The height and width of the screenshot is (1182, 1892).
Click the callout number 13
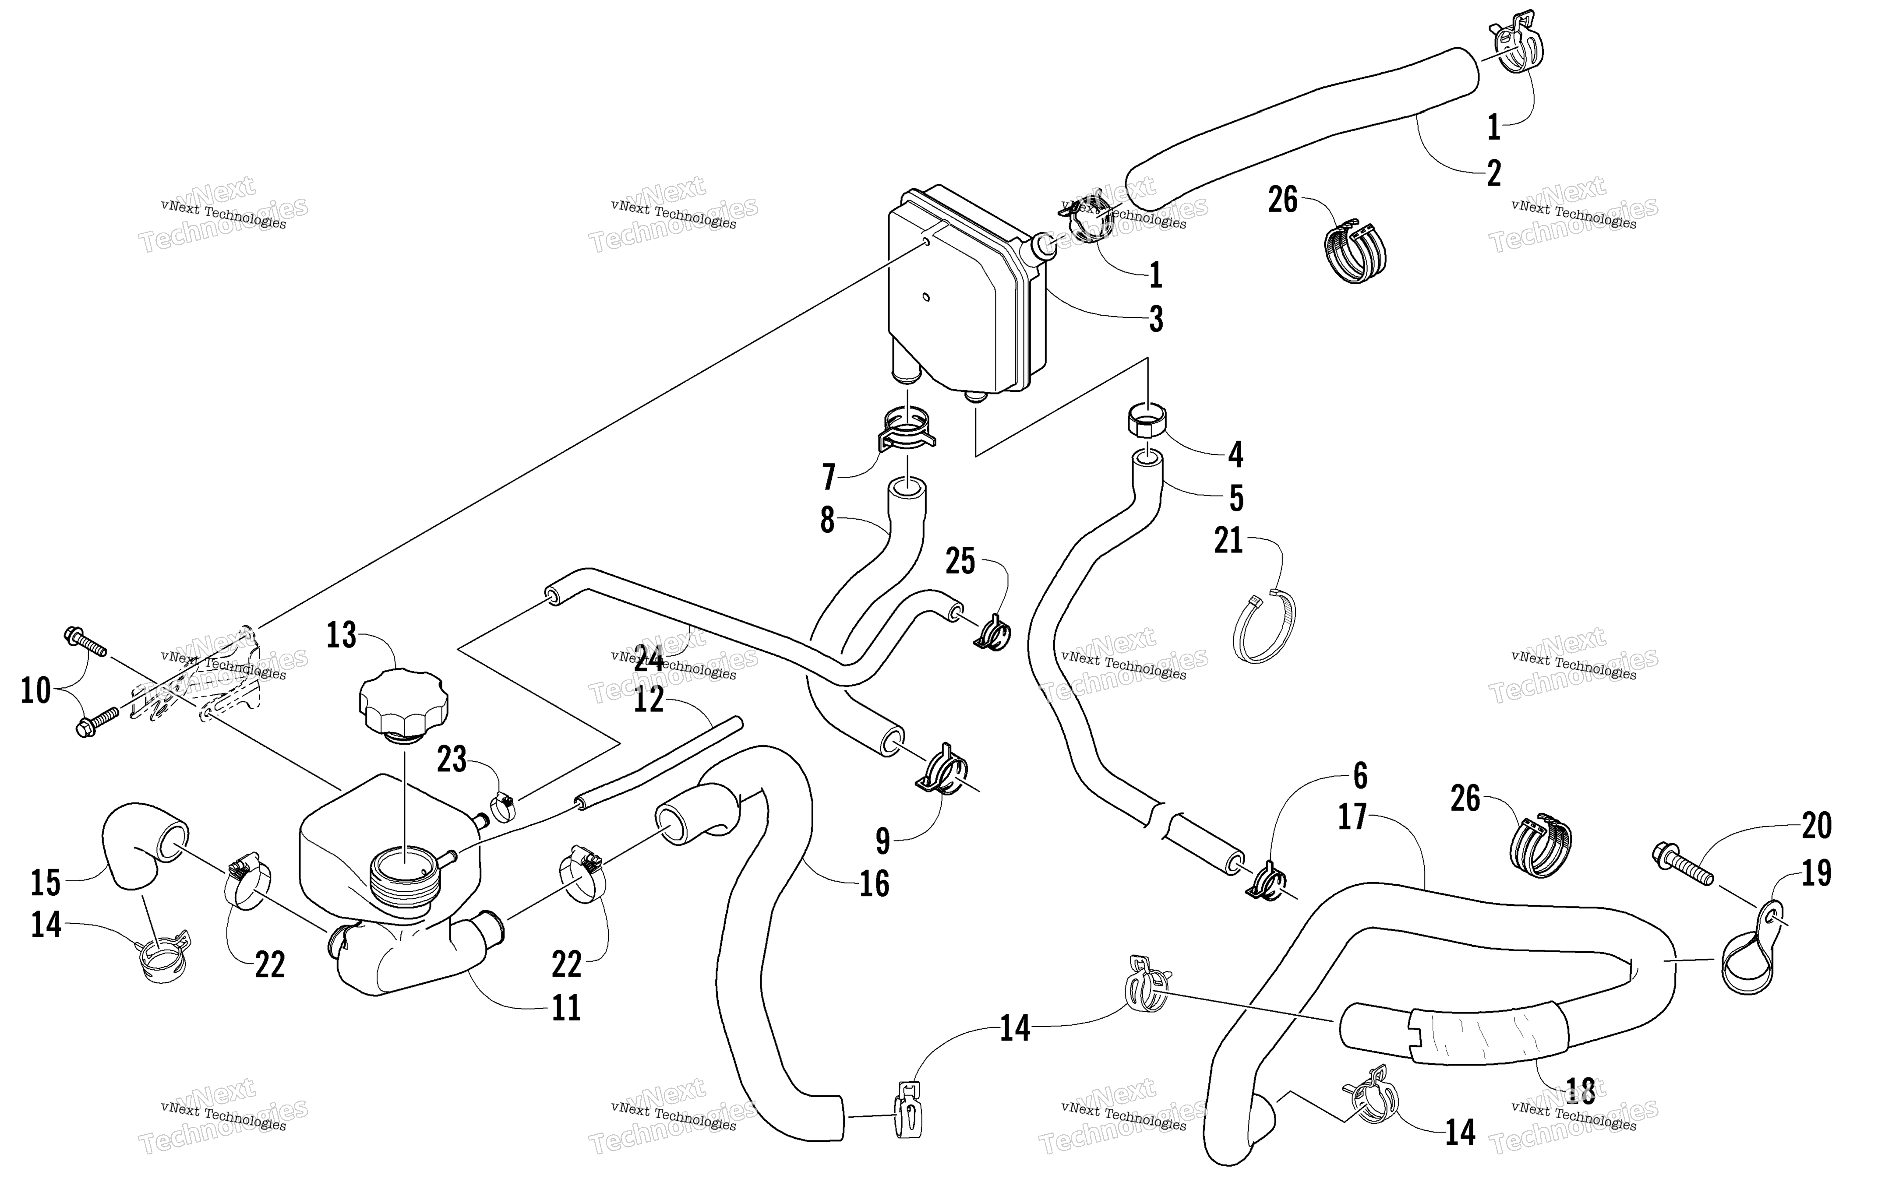coord(342,636)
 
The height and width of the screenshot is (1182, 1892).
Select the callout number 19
coord(1816,874)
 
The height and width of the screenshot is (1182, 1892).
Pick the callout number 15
coord(46,883)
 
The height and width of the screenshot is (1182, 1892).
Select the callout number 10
coord(35,691)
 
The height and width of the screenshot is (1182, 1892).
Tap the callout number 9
coord(882,841)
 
